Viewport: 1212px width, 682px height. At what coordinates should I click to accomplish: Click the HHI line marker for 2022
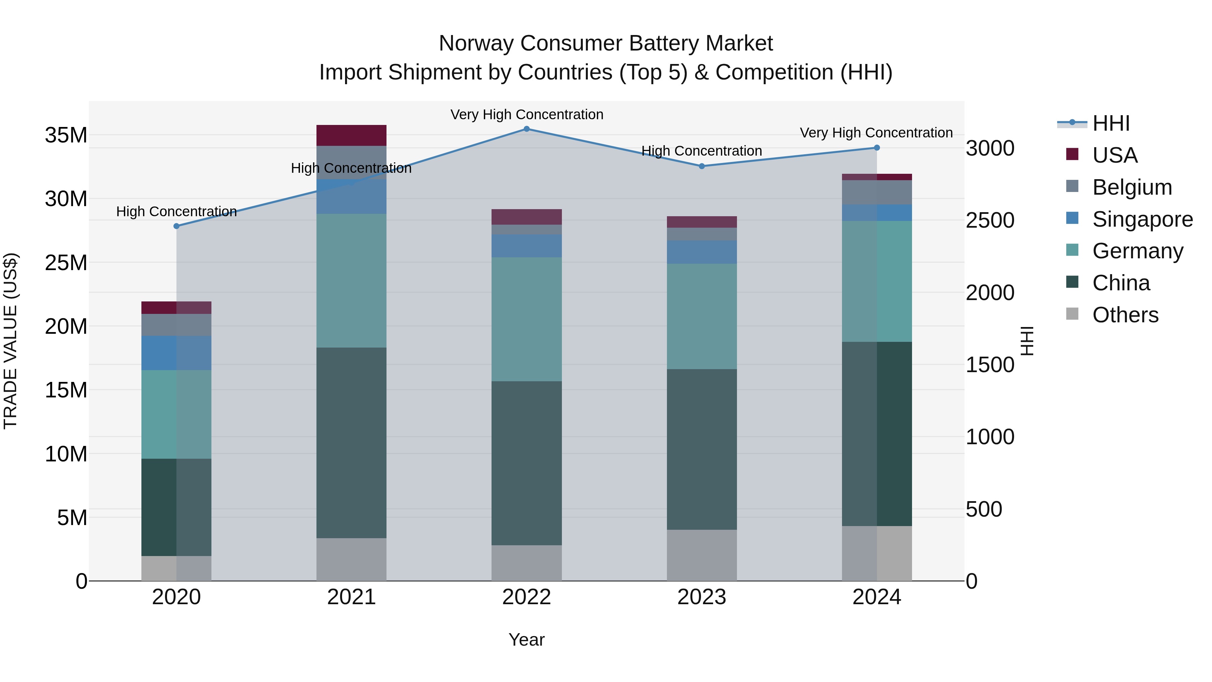coord(527,129)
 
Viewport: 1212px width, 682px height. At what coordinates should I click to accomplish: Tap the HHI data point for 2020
coord(176,226)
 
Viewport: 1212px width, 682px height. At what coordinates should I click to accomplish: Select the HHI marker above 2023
coord(702,166)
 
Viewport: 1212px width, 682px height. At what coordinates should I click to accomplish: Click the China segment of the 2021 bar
coord(351,443)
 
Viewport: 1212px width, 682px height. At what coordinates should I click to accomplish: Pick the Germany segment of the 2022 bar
coord(527,319)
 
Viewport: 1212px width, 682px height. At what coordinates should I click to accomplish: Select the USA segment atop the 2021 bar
coord(351,135)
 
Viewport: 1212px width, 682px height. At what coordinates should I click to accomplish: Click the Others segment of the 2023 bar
coord(702,555)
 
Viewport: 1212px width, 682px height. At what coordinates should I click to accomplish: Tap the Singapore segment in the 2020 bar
coord(176,353)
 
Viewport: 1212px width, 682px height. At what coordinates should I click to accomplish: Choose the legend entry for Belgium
coord(1132,187)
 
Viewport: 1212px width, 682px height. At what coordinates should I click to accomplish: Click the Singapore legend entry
coord(1142,219)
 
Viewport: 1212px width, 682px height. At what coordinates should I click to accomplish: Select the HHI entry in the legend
coord(1110,123)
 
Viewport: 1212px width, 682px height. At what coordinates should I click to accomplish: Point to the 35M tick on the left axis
coord(66,135)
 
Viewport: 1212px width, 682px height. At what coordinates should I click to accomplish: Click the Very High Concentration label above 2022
coord(527,115)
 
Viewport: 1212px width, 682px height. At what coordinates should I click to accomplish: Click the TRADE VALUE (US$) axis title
coord(11,341)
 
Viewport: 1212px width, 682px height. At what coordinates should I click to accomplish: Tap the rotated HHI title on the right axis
coord(1028,341)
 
